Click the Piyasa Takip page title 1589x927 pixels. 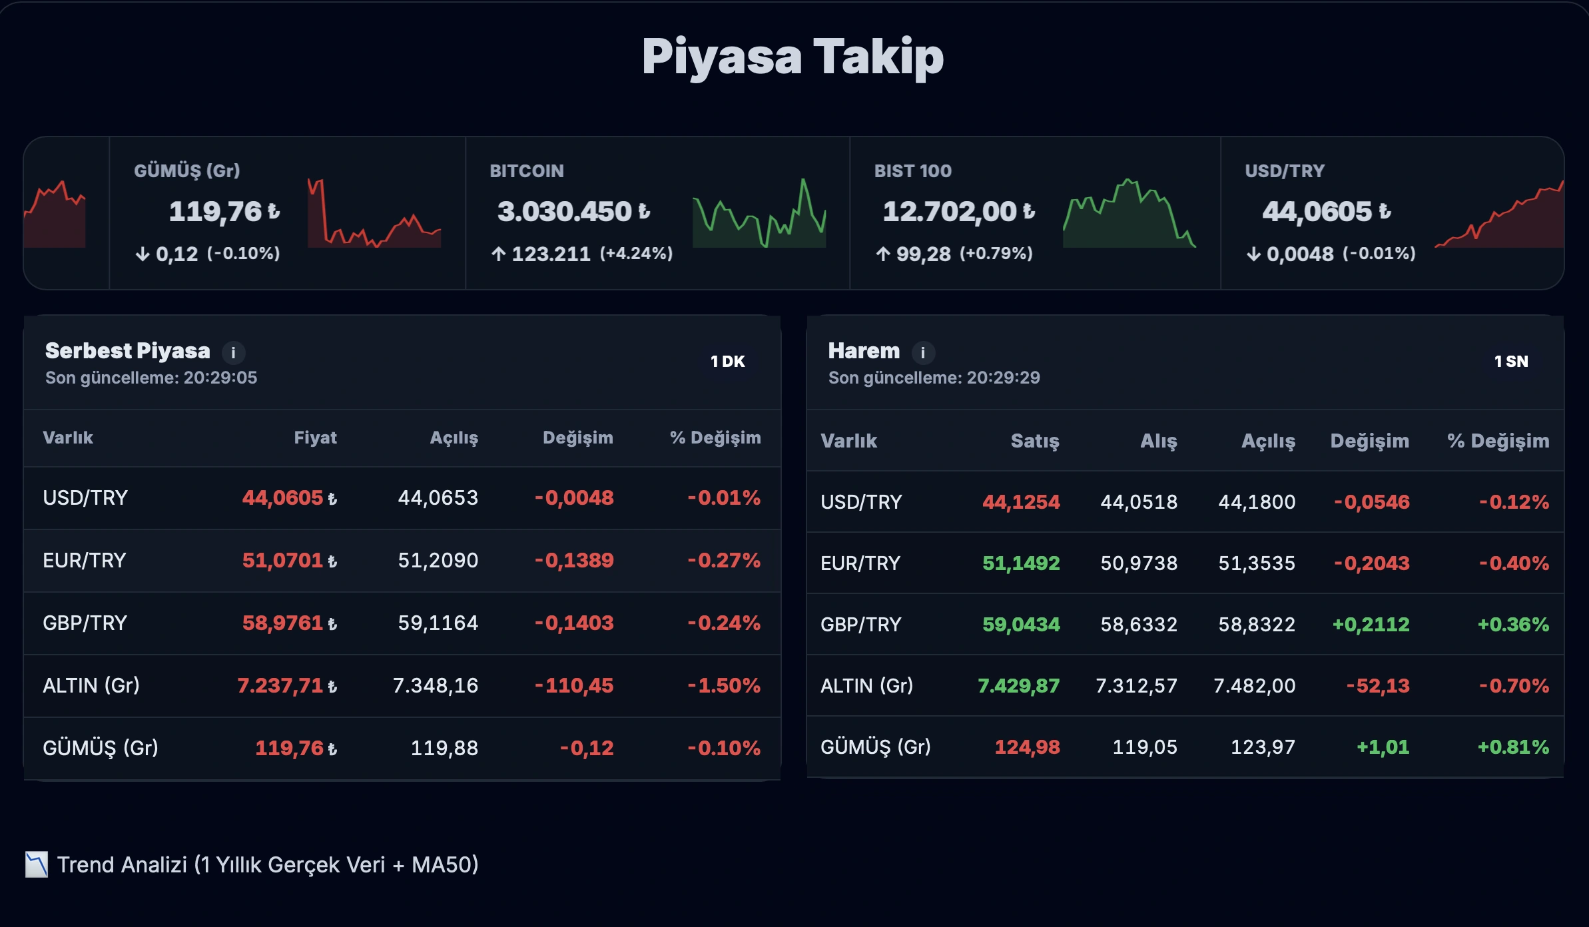tap(793, 57)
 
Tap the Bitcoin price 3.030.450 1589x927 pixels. tap(565, 212)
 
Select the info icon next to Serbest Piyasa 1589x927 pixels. tap(233, 352)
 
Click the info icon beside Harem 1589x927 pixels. tap(922, 352)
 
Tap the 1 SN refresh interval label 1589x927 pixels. tap(1510, 362)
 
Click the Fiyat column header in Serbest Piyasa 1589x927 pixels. tap(315, 438)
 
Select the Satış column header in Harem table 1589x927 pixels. tap(1034, 441)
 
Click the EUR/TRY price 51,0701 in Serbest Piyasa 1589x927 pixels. tap(283, 561)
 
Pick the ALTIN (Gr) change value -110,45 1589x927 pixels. tap(574, 686)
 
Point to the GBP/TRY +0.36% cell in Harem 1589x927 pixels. tap(1512, 625)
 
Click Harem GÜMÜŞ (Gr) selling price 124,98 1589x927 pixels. tap(1027, 747)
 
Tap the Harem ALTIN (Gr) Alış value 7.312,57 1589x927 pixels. tap(1136, 686)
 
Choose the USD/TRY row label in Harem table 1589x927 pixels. tap(861, 502)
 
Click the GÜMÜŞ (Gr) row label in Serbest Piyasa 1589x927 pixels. tap(101, 748)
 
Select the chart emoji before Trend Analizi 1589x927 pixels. tap(37, 864)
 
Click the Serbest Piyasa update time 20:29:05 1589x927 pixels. tap(220, 378)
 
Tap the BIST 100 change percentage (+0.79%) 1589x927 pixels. tap(996, 254)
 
